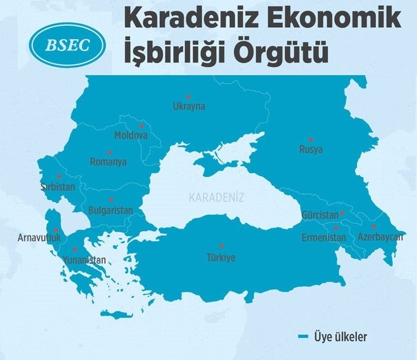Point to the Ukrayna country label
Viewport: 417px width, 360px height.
[x=189, y=107]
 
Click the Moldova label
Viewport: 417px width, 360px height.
[x=131, y=135]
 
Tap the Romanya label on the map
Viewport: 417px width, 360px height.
[x=108, y=162]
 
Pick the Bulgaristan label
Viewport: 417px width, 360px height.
[x=111, y=209]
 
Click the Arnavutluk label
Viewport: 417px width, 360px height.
[x=39, y=238]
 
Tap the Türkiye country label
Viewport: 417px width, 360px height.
[x=221, y=257]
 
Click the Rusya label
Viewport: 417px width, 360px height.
[x=311, y=150]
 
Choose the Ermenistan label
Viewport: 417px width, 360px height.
[x=324, y=237]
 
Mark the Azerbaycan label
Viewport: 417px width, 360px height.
[x=380, y=237]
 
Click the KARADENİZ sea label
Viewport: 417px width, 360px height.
[x=216, y=197]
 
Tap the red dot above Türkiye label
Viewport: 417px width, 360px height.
[x=221, y=246]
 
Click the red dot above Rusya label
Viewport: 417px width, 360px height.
[x=311, y=139]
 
